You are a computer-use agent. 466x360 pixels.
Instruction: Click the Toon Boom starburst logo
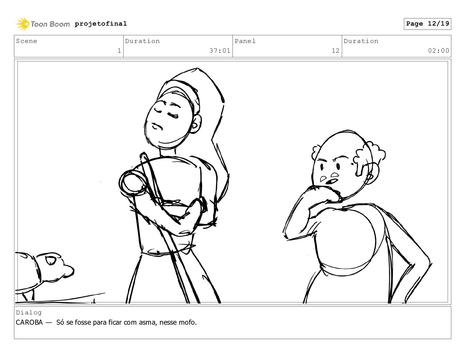click(x=22, y=24)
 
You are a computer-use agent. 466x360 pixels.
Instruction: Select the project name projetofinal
click(x=101, y=24)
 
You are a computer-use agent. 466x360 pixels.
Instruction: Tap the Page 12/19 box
click(x=427, y=24)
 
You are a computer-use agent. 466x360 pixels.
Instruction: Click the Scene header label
click(x=26, y=41)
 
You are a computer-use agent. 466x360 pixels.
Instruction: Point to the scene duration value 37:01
click(x=220, y=51)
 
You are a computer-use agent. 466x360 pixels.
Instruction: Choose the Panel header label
click(x=245, y=41)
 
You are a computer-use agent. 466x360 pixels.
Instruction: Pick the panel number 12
click(x=336, y=51)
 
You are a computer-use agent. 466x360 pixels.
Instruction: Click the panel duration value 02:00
click(x=439, y=51)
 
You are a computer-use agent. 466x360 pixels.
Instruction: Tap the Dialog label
click(x=29, y=313)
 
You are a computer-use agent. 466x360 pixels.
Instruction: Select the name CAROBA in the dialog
click(x=29, y=322)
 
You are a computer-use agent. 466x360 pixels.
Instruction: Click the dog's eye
click(x=51, y=261)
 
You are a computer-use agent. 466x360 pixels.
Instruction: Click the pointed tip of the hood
click(x=197, y=69)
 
